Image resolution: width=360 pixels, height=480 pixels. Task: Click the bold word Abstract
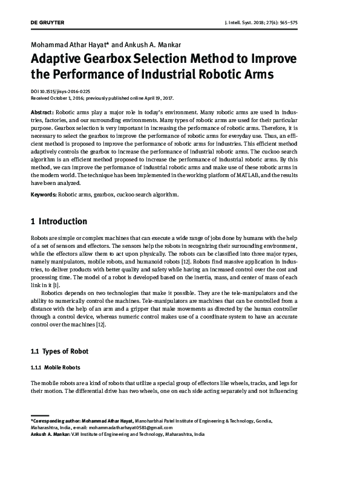(42, 113)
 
